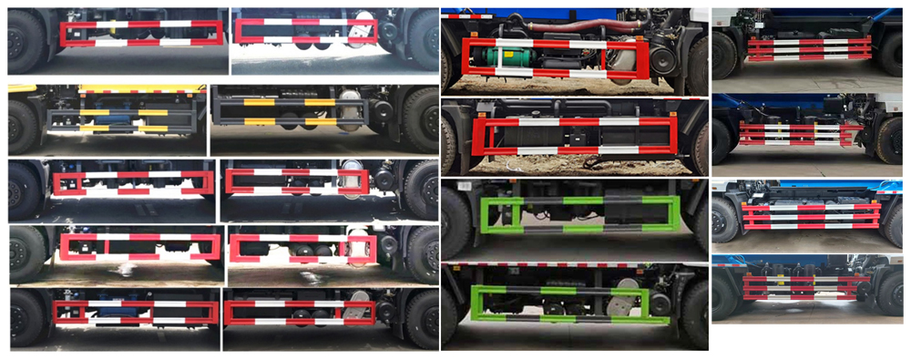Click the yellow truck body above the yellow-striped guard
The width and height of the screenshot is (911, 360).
pyautogui.click(x=137, y=89)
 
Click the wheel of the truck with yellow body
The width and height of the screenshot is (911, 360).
pyautogui.click(x=23, y=126)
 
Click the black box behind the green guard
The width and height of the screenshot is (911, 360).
pyautogui.click(x=623, y=205)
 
